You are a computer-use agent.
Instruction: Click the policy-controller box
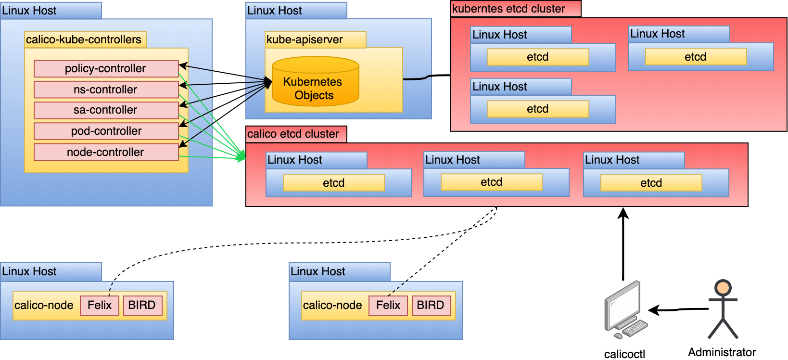(x=106, y=69)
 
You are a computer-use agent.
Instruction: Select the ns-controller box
(x=106, y=90)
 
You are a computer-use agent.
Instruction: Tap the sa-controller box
(x=106, y=110)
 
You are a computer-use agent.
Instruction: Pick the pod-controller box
(x=106, y=131)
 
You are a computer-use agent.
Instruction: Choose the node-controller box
(x=106, y=152)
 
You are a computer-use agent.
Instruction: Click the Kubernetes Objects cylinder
(x=315, y=82)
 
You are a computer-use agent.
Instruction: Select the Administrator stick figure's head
(x=723, y=288)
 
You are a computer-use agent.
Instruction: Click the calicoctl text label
(x=624, y=354)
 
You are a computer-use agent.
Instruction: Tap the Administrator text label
(x=722, y=352)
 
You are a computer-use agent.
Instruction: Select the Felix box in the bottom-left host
(x=100, y=305)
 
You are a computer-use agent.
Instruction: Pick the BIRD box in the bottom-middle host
(x=431, y=305)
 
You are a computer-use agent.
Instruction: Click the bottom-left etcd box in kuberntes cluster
(x=538, y=109)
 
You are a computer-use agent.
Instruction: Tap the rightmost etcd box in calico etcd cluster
(x=651, y=183)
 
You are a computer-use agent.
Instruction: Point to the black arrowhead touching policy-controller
(x=183, y=66)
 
